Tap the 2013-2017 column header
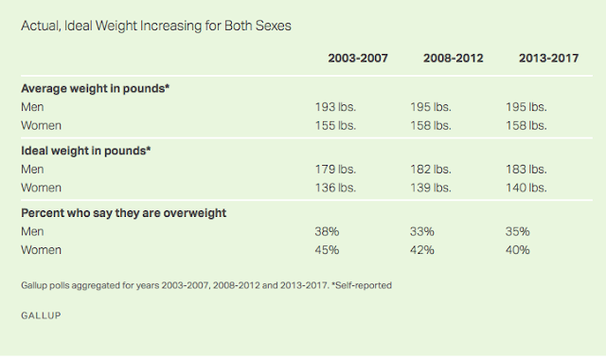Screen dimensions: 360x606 point(549,59)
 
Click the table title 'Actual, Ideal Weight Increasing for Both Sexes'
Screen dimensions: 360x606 point(156,26)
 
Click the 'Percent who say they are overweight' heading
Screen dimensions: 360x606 point(116,214)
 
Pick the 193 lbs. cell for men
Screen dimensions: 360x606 point(335,107)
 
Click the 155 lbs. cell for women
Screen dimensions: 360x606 point(335,124)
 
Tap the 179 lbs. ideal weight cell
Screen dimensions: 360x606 point(335,170)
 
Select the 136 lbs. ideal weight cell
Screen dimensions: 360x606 point(335,187)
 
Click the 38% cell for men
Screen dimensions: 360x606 point(327,232)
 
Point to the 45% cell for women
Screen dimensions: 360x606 point(327,249)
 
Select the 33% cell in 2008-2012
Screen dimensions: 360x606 point(421,232)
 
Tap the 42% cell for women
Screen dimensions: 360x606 point(421,249)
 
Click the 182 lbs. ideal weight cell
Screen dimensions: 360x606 point(431,170)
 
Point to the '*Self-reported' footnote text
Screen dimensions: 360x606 point(359,284)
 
